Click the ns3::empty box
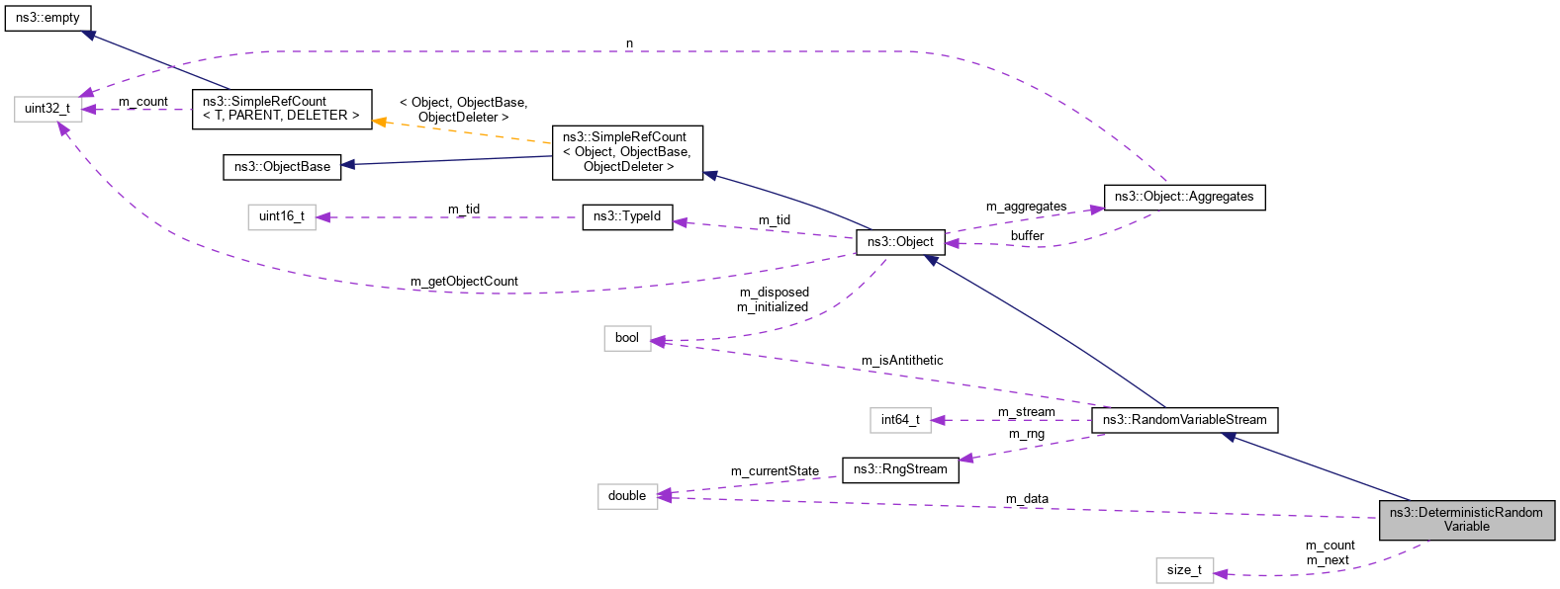pos(47,18)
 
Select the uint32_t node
pos(47,109)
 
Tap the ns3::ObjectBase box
pos(282,167)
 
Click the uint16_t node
pos(282,216)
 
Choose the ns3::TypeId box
pos(627,216)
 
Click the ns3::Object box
pos(900,242)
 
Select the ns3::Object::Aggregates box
pos(1183,197)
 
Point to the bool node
pos(627,338)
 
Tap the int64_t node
pos(900,420)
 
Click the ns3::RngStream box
pos(900,469)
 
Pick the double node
pos(627,496)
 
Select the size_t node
pos(1184,570)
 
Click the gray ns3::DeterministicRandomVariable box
pos(1466,520)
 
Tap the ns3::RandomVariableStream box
pos(1184,420)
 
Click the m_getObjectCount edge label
pos(464,282)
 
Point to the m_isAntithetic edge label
pos(902,361)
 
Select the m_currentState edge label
pos(775,471)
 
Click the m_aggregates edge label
pos(1026,207)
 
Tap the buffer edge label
pos(1027,236)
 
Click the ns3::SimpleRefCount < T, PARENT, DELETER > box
pos(282,109)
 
